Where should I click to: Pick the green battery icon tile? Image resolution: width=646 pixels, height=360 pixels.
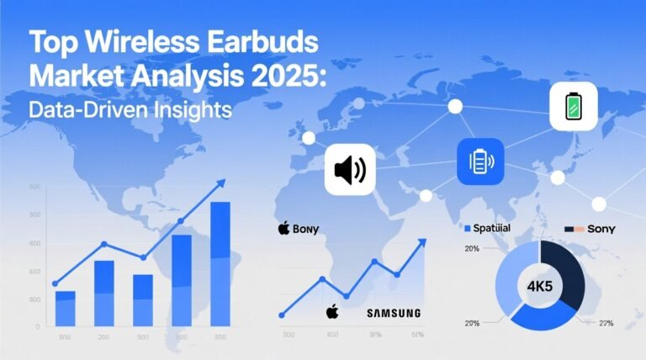(574, 107)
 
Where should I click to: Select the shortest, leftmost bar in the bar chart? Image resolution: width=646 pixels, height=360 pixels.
(65, 308)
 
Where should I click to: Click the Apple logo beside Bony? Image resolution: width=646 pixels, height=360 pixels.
(283, 228)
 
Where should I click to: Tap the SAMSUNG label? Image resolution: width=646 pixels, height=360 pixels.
(393, 313)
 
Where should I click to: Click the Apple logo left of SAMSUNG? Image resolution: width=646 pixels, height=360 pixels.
(332, 311)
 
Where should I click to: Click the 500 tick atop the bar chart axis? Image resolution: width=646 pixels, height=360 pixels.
(34, 187)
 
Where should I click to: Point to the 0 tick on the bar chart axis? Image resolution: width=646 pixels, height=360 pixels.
(37, 326)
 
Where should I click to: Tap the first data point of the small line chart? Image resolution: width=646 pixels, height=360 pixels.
(282, 315)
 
